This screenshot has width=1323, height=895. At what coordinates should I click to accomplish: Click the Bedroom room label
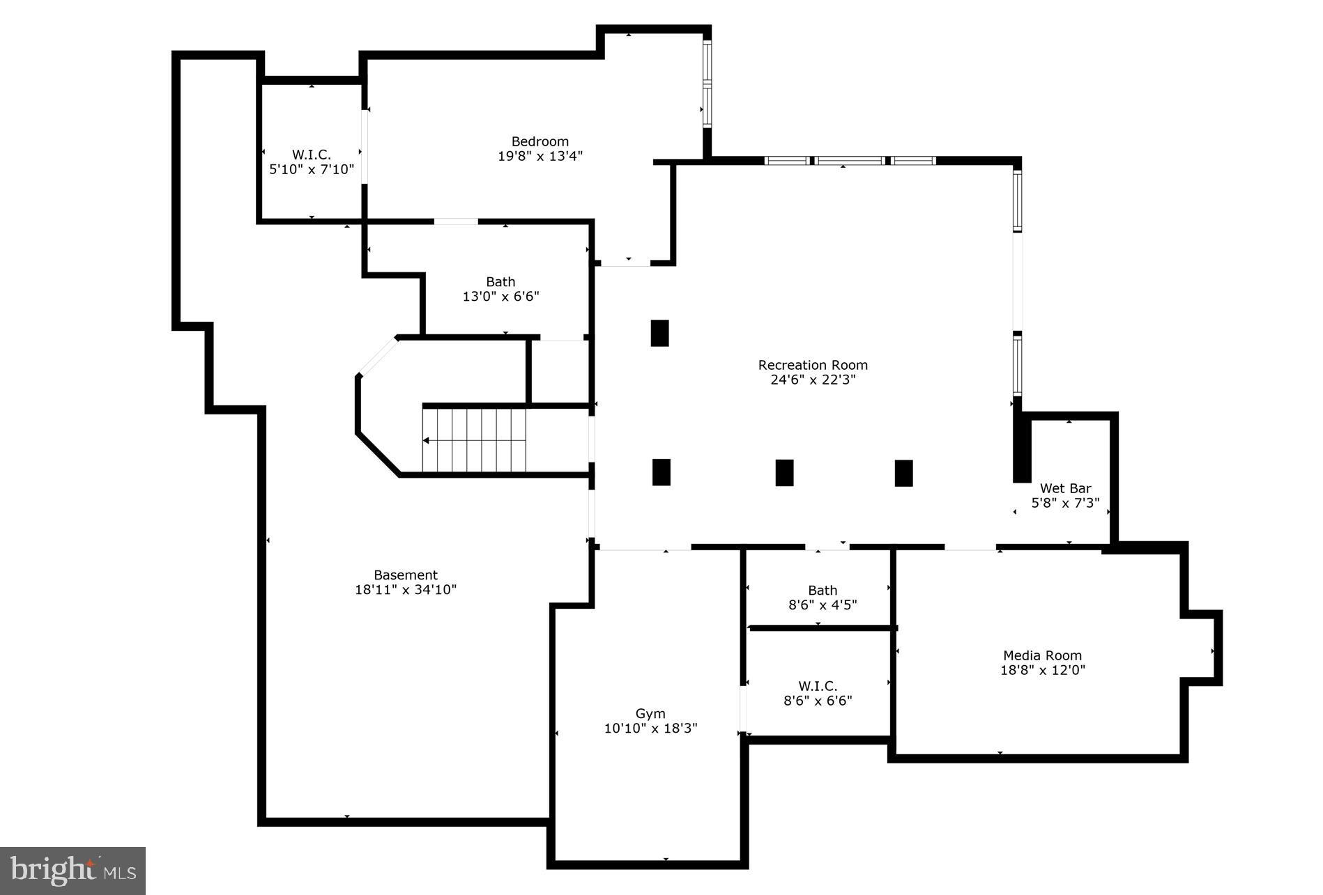(x=540, y=141)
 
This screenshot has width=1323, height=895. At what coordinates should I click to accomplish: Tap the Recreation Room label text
(x=813, y=365)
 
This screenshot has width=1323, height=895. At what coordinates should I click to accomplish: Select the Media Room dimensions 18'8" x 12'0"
(x=1043, y=670)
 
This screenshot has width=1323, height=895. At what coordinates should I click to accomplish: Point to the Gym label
(x=650, y=713)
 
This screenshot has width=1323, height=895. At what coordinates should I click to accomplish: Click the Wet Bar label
(x=1065, y=488)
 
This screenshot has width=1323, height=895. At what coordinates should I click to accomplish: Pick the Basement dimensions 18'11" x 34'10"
(x=406, y=590)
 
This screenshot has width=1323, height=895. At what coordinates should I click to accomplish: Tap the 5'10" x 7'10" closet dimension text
(x=312, y=169)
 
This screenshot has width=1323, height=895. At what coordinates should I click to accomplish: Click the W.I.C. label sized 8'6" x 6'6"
(x=818, y=685)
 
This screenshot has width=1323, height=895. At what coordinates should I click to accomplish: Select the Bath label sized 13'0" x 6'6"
(x=500, y=281)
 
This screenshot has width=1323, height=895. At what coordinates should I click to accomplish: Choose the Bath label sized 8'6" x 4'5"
(x=823, y=590)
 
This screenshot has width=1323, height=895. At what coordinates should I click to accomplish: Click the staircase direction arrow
(x=427, y=440)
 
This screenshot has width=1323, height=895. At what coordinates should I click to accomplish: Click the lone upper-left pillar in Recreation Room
(x=659, y=333)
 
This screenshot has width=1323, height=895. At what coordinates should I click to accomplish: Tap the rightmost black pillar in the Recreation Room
(x=903, y=473)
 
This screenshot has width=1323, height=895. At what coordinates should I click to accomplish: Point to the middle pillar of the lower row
(x=784, y=472)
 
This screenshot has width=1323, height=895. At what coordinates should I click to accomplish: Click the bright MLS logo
(x=72, y=871)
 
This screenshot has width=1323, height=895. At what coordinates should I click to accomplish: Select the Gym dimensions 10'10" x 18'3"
(x=650, y=729)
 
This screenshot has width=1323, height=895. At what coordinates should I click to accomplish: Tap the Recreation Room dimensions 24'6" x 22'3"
(x=813, y=380)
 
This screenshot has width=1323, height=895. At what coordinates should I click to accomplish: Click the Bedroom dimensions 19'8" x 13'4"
(x=540, y=156)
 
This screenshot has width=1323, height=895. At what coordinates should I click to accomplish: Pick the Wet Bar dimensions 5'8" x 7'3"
(x=1065, y=503)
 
